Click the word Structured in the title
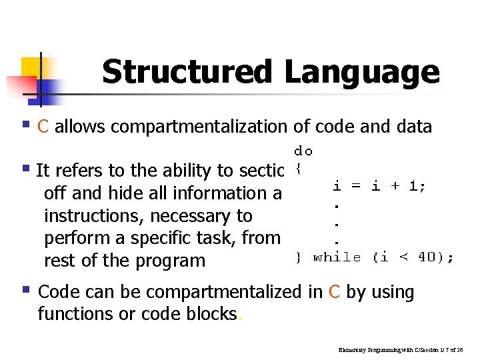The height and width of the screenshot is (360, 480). click(x=187, y=72)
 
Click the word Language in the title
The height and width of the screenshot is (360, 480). click(x=363, y=72)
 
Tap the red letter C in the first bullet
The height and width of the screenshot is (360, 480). click(x=44, y=127)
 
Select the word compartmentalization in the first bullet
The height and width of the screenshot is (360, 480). click(x=205, y=127)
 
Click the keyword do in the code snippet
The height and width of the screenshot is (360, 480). click(x=303, y=151)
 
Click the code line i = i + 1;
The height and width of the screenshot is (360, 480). click(x=379, y=186)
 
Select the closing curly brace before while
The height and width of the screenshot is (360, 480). click(x=299, y=257)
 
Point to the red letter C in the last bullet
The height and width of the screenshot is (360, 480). click(x=335, y=292)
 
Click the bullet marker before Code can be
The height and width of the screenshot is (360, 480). click(x=26, y=290)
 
